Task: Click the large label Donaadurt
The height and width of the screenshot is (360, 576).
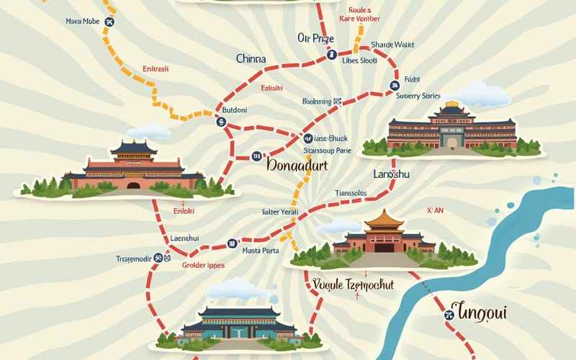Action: click(x=297, y=165)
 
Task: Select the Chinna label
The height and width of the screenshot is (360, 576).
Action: click(x=251, y=59)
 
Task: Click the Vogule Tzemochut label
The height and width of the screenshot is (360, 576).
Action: click(x=354, y=285)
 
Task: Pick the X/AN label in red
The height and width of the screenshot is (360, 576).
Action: click(x=436, y=210)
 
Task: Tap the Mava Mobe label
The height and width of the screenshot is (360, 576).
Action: click(x=82, y=22)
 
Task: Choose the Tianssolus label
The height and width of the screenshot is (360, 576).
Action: click(x=351, y=193)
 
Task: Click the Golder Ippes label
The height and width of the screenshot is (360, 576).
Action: click(x=202, y=265)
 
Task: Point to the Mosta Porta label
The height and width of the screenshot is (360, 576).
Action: click(x=260, y=251)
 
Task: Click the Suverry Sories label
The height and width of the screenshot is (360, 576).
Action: click(x=418, y=95)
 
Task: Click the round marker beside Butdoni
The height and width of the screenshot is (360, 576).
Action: click(x=221, y=122)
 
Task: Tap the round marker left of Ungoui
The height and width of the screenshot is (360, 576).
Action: click(x=448, y=313)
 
